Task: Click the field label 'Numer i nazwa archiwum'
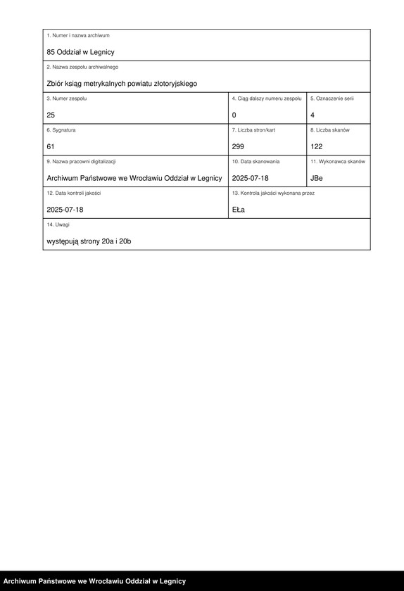[78, 35]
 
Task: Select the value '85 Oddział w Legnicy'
[80, 52]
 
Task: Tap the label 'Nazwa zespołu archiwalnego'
[82, 67]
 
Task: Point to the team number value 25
[51, 115]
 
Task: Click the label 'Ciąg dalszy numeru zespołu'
[267, 99]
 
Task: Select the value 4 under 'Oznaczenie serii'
[313, 115]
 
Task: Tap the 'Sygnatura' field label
[61, 130]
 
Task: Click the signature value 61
[51, 146]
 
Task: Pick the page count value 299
[238, 146]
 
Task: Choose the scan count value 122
[316, 146]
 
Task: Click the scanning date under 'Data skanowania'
[250, 178]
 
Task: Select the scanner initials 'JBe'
[317, 178]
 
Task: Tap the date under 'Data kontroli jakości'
[65, 210]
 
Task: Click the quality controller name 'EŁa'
[239, 210]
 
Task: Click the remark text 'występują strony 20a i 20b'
[89, 241]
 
